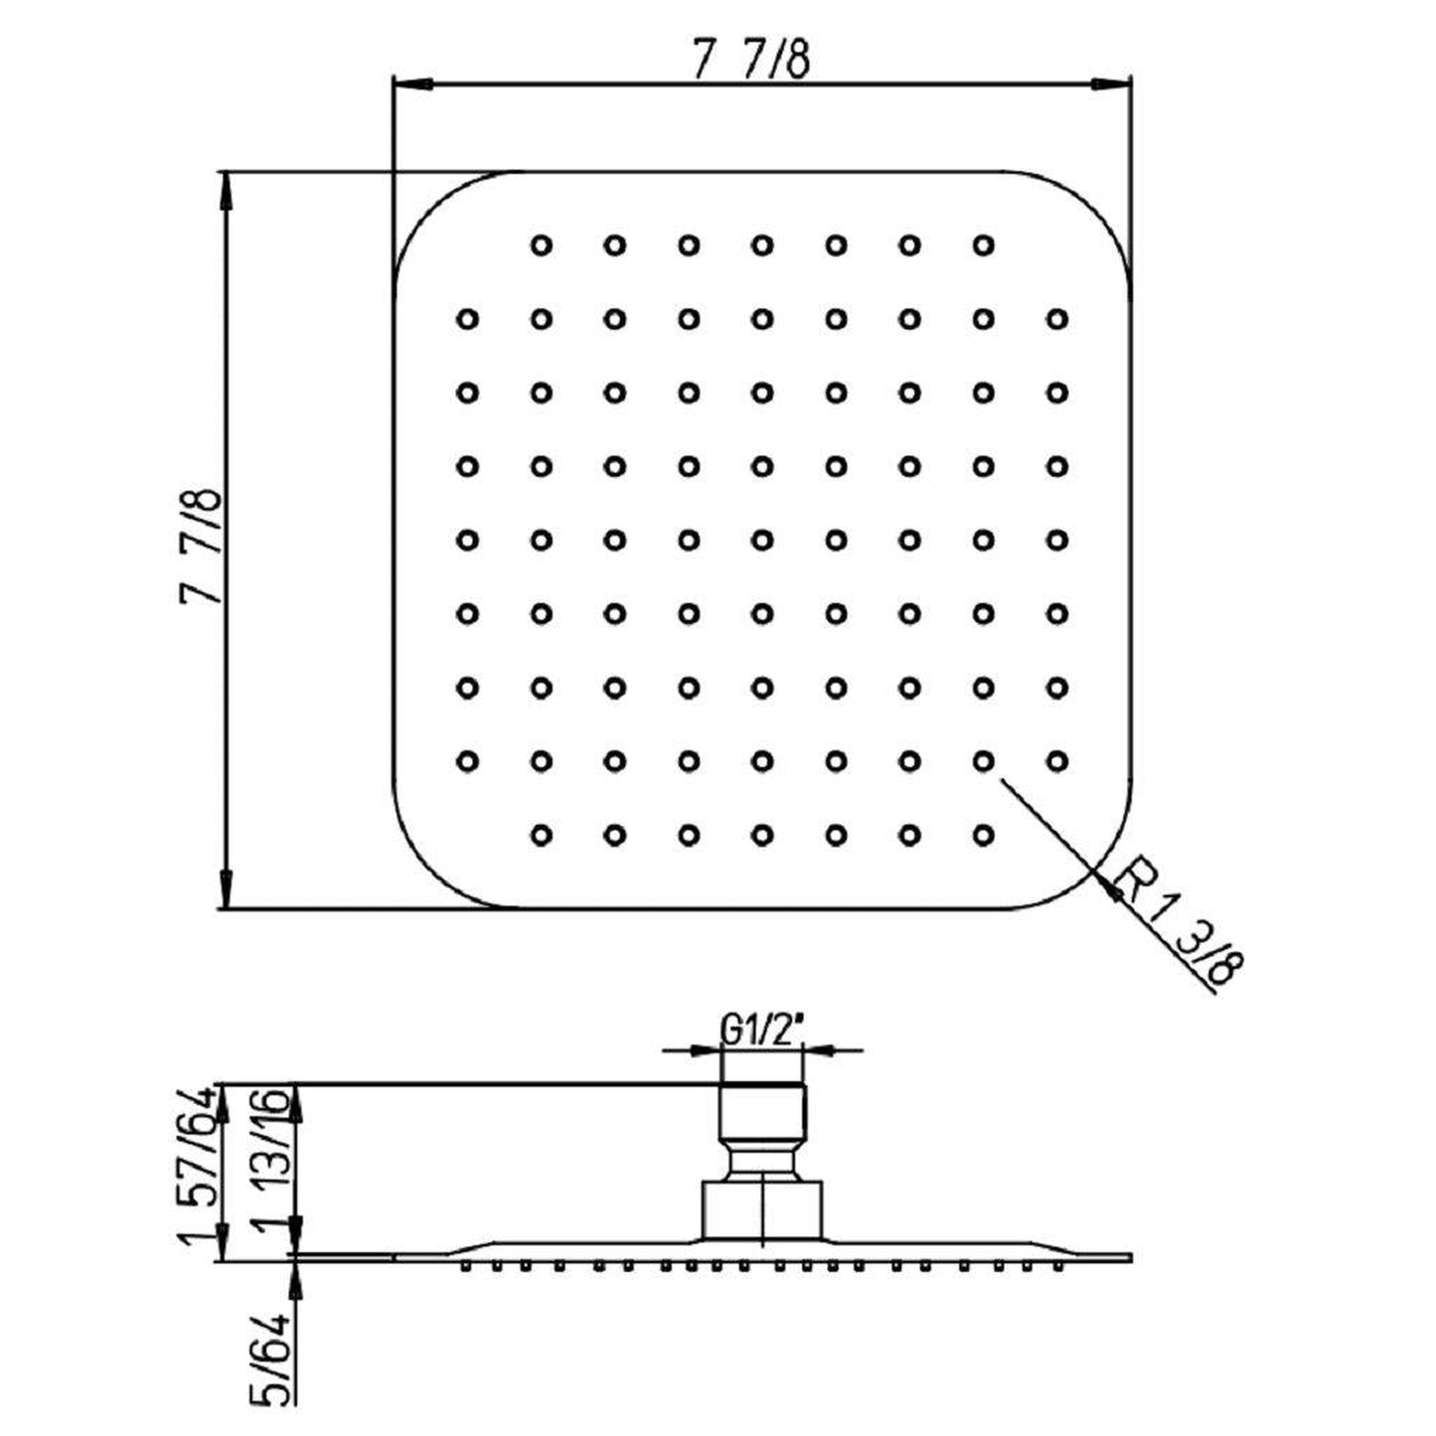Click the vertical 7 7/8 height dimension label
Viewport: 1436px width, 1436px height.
pyautogui.click(x=201, y=547)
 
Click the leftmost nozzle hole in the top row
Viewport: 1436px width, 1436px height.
pyautogui.click(x=542, y=245)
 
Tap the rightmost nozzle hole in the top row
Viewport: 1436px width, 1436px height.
pyautogui.click(x=984, y=245)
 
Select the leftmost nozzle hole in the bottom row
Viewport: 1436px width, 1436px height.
pyautogui.click(x=542, y=834)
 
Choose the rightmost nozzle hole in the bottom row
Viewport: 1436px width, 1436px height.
pyautogui.click(x=984, y=834)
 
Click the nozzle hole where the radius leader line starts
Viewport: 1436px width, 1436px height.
pyautogui.click(x=984, y=761)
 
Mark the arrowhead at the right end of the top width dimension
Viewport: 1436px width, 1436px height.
pyautogui.click(x=1110, y=84)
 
